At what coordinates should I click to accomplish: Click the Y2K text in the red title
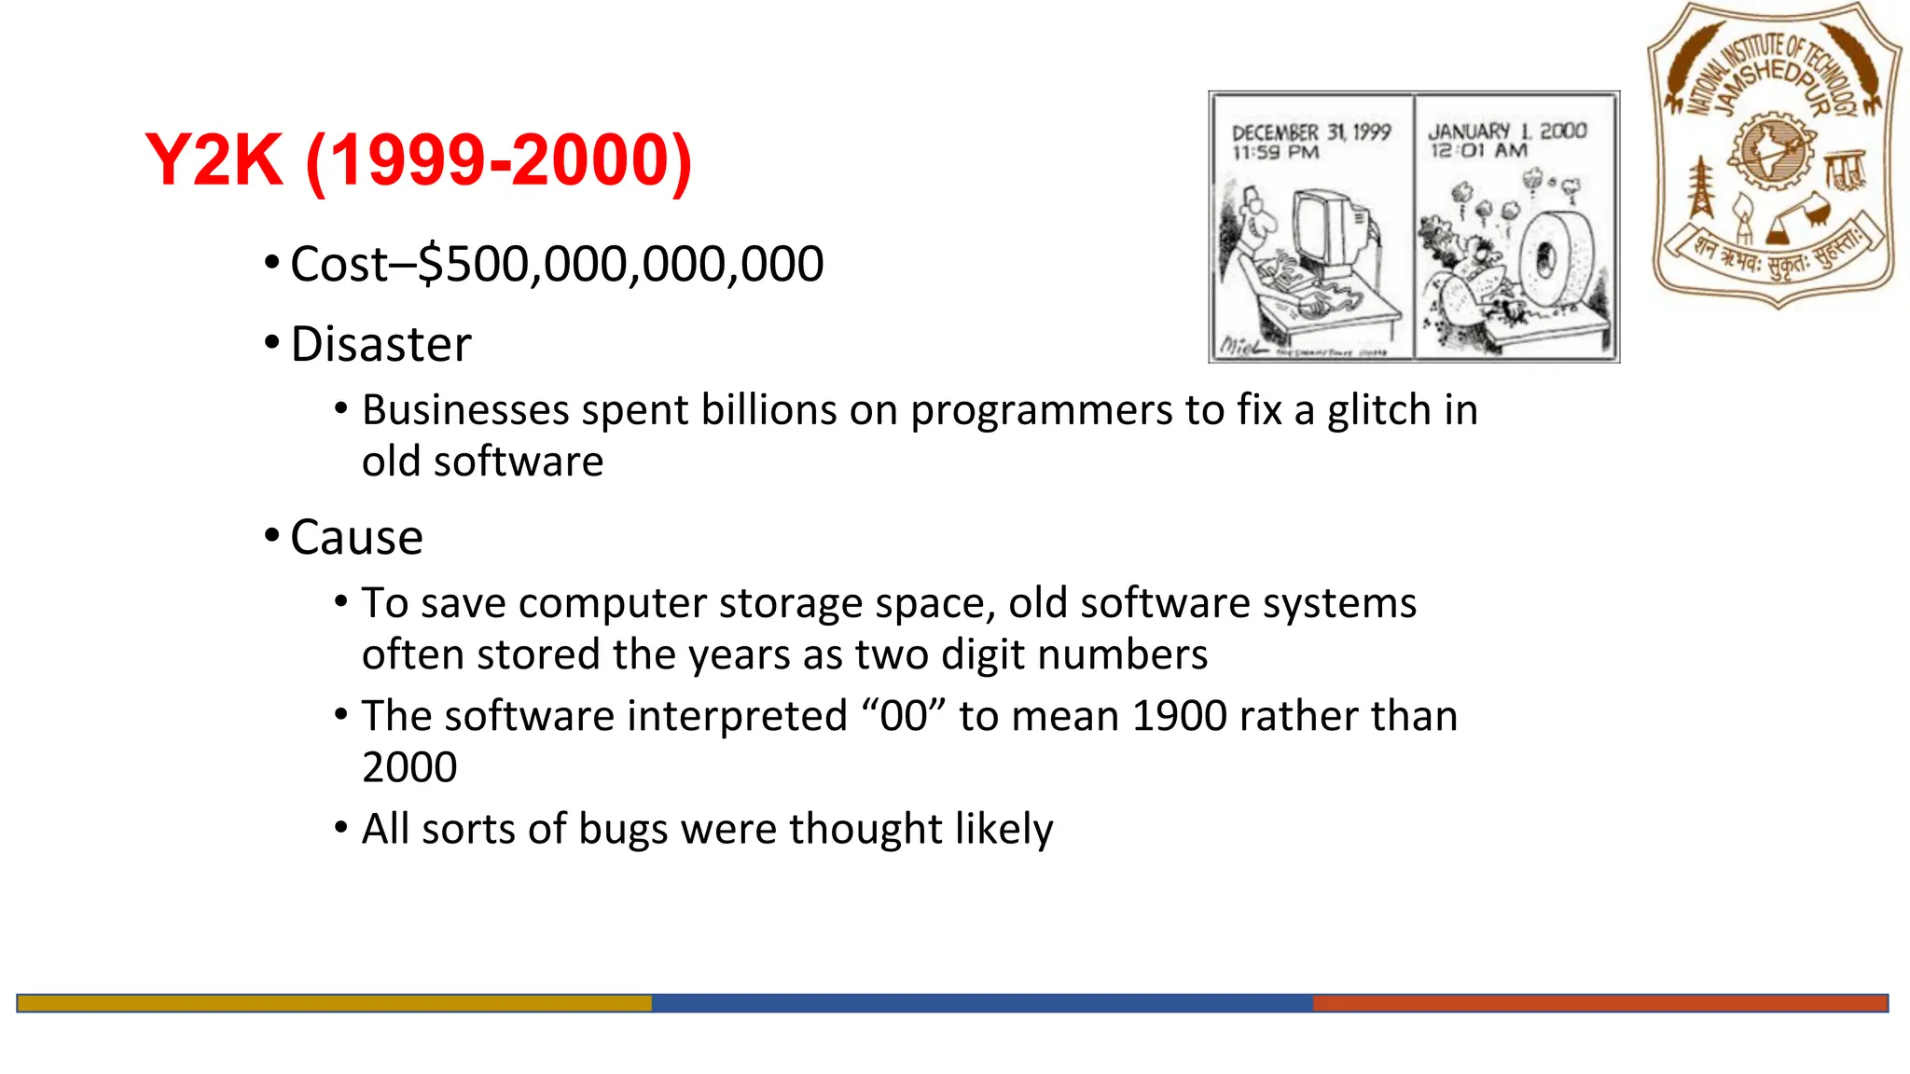click(x=214, y=160)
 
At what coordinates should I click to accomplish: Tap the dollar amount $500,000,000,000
click(x=621, y=264)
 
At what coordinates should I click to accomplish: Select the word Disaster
click(x=381, y=344)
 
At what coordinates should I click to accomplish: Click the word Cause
click(x=356, y=537)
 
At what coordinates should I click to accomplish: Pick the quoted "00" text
click(x=903, y=716)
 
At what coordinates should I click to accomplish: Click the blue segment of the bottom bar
click(x=981, y=1003)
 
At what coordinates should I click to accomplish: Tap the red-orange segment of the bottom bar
click(x=1599, y=1003)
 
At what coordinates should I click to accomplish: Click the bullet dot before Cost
click(x=271, y=262)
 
